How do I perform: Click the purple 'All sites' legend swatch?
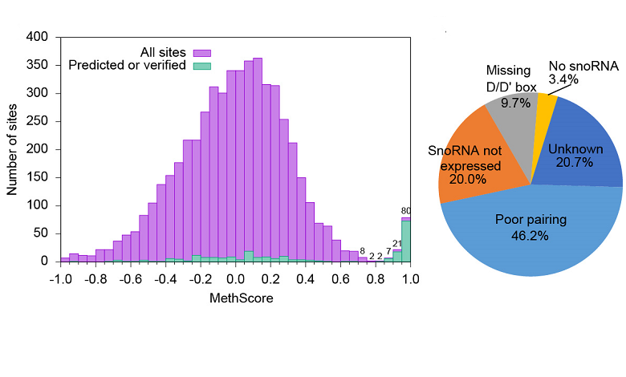pos(201,53)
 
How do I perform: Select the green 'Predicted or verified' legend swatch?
pos(201,65)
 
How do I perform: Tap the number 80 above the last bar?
pos(406,211)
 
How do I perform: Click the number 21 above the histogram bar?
pos(397,244)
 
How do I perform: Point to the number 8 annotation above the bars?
pos(363,251)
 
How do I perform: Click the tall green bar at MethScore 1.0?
pos(406,241)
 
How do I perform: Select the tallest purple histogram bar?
pos(258,160)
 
